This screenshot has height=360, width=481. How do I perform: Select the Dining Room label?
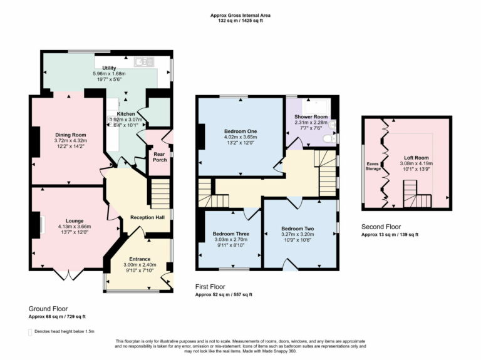pyautogui.click(x=70, y=135)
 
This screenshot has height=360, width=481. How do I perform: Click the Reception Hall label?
pyautogui.click(x=147, y=217)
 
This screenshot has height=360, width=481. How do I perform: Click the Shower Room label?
pyautogui.click(x=311, y=117)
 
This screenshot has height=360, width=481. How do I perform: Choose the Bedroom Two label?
pyautogui.click(x=297, y=229)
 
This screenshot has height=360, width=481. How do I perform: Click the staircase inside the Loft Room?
pyautogui.click(x=415, y=195)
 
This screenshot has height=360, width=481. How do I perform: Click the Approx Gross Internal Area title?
pyautogui.click(x=240, y=16)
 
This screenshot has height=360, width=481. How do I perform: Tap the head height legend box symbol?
pyautogui.click(x=31, y=331)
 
